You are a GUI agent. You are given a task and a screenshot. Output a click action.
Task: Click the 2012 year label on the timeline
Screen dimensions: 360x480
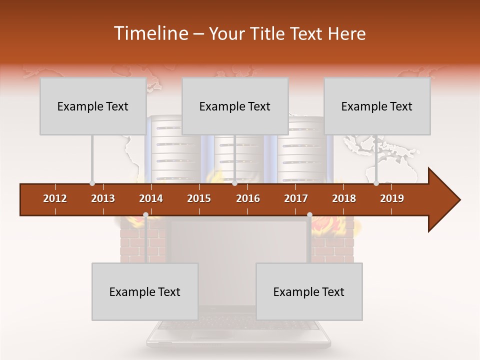pos(55,198)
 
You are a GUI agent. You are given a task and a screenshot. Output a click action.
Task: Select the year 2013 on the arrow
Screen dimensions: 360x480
pos(103,198)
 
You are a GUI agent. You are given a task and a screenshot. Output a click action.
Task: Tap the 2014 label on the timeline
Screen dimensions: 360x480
pos(151,198)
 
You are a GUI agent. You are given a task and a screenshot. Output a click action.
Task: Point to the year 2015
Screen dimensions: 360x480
pos(199,198)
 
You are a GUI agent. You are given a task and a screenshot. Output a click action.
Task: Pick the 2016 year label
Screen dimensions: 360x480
pos(248,198)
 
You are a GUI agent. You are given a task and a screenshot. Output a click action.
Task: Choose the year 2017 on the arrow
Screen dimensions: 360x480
pos(296,198)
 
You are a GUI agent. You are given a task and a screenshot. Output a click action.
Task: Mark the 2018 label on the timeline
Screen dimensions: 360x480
pos(344,198)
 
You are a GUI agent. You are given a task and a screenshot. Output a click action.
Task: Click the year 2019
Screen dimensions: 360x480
pos(392,198)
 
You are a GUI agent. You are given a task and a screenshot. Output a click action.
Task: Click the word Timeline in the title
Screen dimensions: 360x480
pos(149,33)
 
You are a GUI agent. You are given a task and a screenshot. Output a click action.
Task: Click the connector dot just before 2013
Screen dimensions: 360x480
pos(92,183)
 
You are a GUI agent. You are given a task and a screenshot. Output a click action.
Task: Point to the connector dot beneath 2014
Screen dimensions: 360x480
pos(145,215)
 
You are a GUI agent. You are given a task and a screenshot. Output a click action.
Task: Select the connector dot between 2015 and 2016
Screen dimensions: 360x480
pos(234,183)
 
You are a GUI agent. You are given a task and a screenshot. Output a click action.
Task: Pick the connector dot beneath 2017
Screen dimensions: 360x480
pos(309,215)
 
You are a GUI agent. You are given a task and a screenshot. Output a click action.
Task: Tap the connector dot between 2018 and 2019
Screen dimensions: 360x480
pos(376,183)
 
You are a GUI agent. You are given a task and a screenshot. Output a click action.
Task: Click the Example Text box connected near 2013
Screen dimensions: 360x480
pos(93,106)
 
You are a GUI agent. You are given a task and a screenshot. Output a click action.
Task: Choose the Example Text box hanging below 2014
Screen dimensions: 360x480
pos(145,291)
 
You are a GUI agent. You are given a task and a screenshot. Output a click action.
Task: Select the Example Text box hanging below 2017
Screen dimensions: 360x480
pos(309,291)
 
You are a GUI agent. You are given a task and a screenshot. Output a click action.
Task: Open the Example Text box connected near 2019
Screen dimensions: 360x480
pos(377,106)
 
